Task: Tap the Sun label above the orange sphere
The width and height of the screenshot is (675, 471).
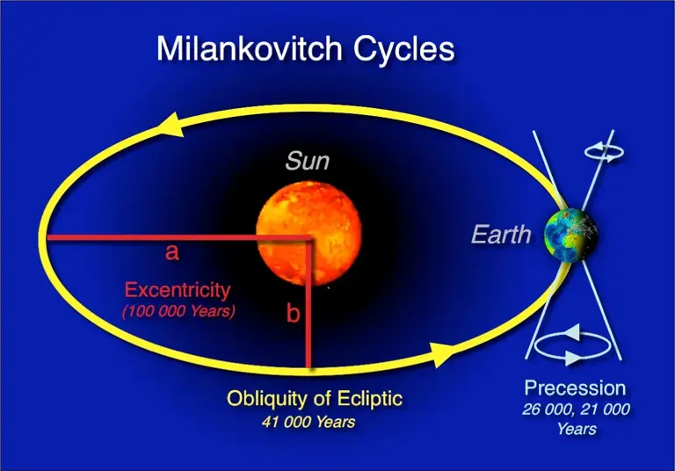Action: (x=308, y=162)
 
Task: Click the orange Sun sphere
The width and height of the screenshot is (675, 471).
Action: (x=308, y=230)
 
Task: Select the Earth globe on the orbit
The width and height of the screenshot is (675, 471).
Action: (x=570, y=235)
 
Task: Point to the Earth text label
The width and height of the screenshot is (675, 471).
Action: (x=501, y=235)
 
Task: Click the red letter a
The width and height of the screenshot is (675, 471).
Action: (x=172, y=253)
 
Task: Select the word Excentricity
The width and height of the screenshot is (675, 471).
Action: (x=178, y=289)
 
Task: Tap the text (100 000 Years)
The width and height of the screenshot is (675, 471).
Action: (x=178, y=311)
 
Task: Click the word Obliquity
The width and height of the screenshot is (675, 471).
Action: (x=267, y=398)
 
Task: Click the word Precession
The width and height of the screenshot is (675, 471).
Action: (x=575, y=388)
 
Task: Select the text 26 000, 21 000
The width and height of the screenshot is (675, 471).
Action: (x=576, y=409)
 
